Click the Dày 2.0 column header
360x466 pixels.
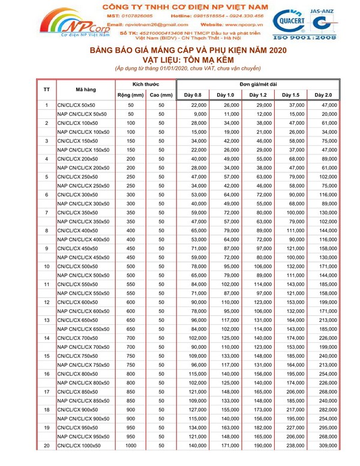click(x=323, y=95)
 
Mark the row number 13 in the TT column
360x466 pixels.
click(x=47, y=321)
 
